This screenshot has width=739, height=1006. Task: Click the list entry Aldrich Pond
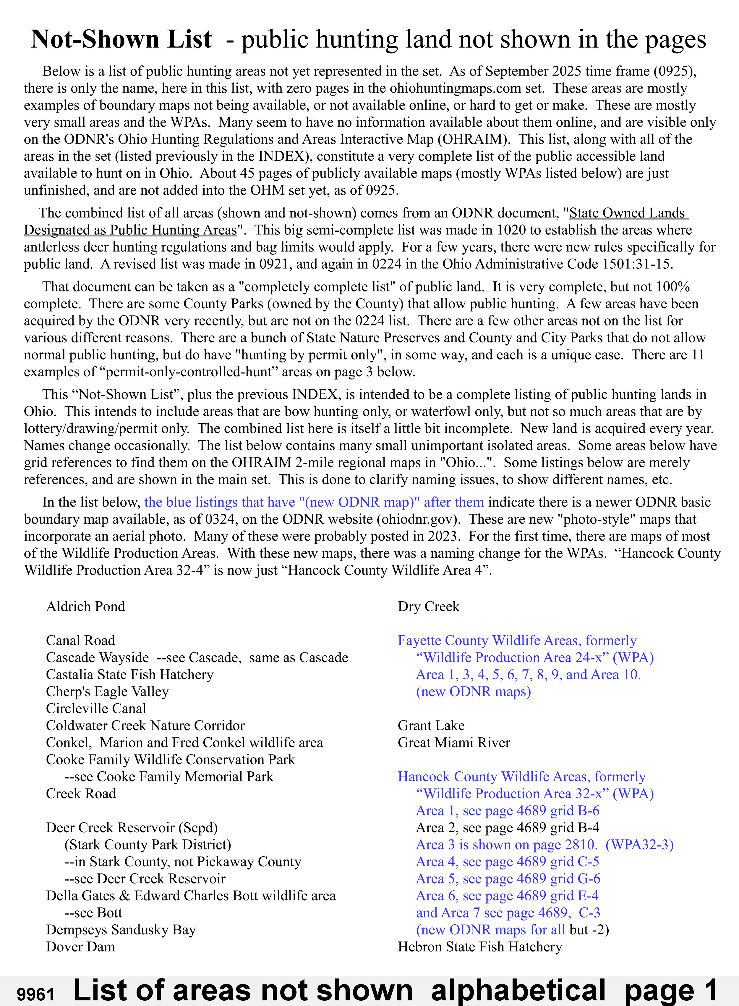tap(85, 607)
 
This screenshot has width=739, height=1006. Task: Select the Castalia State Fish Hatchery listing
tap(130, 675)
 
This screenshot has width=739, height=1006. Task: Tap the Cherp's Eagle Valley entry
tap(107, 692)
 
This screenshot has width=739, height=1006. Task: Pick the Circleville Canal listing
tap(96, 709)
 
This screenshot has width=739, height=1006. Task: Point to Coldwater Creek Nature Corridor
tap(145, 726)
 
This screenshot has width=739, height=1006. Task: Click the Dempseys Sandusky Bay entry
tap(121, 930)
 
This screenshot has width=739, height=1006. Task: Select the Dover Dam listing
tap(80, 947)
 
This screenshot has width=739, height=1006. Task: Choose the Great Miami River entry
tap(454, 743)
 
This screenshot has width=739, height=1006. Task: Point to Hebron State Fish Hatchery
tap(479, 947)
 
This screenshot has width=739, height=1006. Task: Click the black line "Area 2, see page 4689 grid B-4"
tap(507, 828)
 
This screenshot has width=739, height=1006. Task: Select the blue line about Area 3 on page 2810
tap(544, 845)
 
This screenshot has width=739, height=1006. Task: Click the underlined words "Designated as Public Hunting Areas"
tap(130, 230)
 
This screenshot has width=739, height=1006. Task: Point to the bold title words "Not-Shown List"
tap(121, 39)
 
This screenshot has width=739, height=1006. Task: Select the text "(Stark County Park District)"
tap(148, 845)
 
